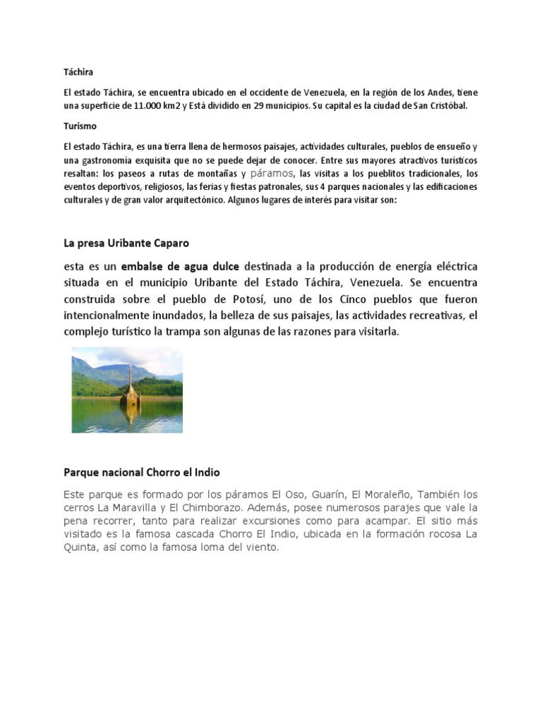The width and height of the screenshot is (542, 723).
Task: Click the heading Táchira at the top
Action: (78, 72)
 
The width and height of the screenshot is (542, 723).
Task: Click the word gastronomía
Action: (110, 160)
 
